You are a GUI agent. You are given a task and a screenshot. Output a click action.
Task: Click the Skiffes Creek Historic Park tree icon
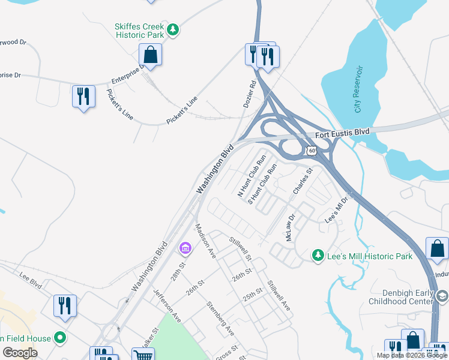(173, 29)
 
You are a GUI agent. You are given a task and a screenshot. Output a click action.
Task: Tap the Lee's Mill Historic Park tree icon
(318, 256)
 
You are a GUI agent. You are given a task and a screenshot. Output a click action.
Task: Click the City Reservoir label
(358, 97)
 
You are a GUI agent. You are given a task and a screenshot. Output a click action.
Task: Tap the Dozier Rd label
(250, 95)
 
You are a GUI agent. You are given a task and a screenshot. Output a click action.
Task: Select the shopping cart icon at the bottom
(143, 355)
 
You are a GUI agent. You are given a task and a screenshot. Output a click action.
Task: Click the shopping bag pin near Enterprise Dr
(150, 55)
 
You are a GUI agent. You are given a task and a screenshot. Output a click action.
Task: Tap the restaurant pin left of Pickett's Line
(83, 97)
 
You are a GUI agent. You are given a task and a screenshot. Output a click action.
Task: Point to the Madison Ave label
(205, 241)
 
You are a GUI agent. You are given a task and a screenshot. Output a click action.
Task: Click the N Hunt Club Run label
(252, 176)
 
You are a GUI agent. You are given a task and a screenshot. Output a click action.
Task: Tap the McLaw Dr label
(291, 228)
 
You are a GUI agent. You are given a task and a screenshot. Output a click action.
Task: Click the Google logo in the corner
(20, 352)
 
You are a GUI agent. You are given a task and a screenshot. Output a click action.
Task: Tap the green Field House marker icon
(59, 338)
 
